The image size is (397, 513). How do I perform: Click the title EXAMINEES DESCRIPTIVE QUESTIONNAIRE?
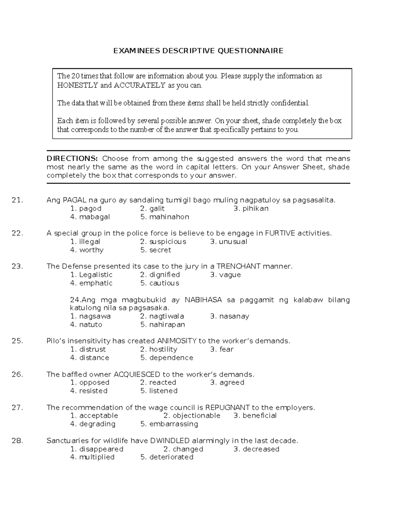coord(198,51)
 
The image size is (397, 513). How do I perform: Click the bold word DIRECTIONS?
coord(72,159)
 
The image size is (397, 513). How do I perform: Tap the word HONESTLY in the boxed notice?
coord(78,86)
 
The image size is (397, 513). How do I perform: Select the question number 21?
coord(17,200)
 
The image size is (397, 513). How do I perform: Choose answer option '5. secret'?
coord(155,250)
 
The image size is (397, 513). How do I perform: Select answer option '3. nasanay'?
coord(230,316)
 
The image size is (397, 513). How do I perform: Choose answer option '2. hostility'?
coord(158,349)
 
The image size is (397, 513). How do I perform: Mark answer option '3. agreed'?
coord(227,383)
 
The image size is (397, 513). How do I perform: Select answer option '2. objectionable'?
coord(192,416)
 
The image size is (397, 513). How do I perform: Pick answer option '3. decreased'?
coord(256,449)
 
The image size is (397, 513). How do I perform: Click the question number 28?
coord(17,441)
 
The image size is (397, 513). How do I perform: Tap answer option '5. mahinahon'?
coord(165,217)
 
